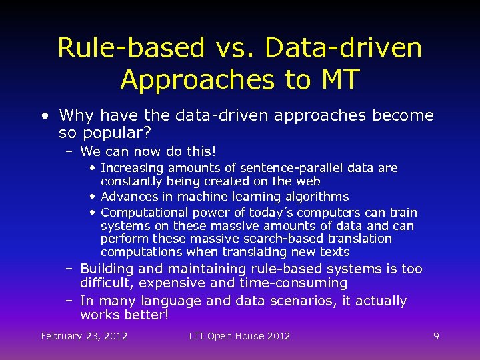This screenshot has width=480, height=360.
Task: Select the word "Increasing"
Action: tap(132, 167)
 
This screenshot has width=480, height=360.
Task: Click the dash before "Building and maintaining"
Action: tap(70, 269)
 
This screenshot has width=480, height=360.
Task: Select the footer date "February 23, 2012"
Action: tap(84, 336)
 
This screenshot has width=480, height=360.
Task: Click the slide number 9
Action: tap(436, 336)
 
